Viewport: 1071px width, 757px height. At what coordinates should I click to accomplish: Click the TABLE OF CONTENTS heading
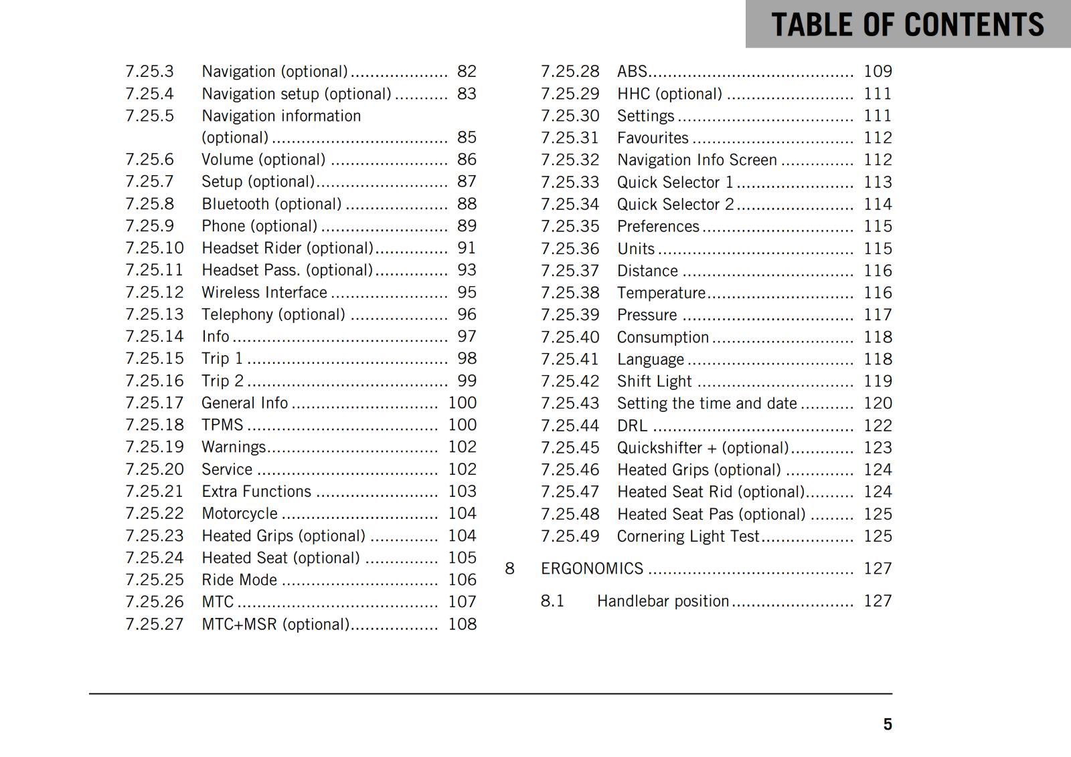pyautogui.click(x=907, y=25)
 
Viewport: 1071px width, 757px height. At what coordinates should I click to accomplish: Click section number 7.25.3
pyautogui.click(x=149, y=72)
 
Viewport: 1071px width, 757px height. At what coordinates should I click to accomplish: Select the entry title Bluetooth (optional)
pyautogui.click(x=272, y=204)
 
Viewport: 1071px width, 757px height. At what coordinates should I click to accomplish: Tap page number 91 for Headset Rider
pyautogui.click(x=467, y=248)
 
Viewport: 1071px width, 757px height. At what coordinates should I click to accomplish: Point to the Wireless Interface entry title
pyautogui.click(x=264, y=292)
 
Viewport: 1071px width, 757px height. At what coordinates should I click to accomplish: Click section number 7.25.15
pyautogui.click(x=155, y=358)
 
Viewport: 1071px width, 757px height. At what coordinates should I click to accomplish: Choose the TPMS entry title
pyautogui.click(x=222, y=425)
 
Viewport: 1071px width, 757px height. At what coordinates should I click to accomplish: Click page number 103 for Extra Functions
pyautogui.click(x=462, y=492)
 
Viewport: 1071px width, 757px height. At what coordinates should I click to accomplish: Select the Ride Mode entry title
pyautogui.click(x=239, y=580)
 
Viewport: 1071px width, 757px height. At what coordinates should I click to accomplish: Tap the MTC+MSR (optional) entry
pyautogui.click(x=275, y=624)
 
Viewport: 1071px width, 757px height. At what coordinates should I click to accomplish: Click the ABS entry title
pyautogui.click(x=632, y=72)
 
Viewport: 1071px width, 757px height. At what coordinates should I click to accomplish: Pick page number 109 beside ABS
pyautogui.click(x=878, y=72)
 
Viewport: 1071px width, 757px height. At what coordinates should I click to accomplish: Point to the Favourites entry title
pyautogui.click(x=653, y=138)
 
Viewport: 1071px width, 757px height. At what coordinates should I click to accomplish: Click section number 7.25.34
pyautogui.click(x=570, y=204)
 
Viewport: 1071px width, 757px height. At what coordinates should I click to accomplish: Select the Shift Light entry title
pyautogui.click(x=654, y=381)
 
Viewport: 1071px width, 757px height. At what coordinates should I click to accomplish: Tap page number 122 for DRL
pyautogui.click(x=878, y=425)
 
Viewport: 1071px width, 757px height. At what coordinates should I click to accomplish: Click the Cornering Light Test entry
pyautogui.click(x=688, y=536)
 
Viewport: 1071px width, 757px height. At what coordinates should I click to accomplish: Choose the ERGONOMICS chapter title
pyautogui.click(x=592, y=568)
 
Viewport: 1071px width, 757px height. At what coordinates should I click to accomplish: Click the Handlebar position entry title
pyautogui.click(x=663, y=601)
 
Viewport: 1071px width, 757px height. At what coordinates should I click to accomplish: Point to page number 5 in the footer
pyautogui.click(x=888, y=724)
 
